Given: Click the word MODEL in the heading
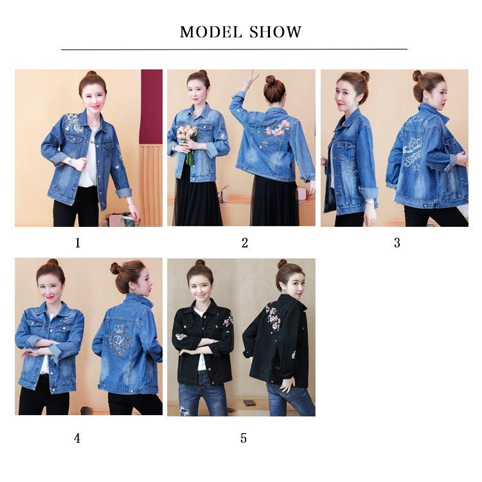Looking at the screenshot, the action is coord(210,32).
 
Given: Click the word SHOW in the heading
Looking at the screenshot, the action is coord(276,32).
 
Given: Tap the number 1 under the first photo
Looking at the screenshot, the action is coord(78,243).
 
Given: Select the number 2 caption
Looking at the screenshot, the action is coord(245,243).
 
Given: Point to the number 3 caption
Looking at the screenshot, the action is coord(397,243).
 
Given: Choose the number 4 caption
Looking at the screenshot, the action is coord(77,438).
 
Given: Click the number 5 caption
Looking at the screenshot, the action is coord(244,438).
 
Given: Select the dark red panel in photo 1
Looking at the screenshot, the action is coord(151,106).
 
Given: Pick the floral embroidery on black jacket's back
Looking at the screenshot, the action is coord(274,317).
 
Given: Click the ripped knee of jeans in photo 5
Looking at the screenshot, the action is coord(184,408).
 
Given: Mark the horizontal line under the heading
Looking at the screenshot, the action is coord(234,49).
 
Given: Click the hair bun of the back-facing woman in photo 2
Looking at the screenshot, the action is coord(271,80).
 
